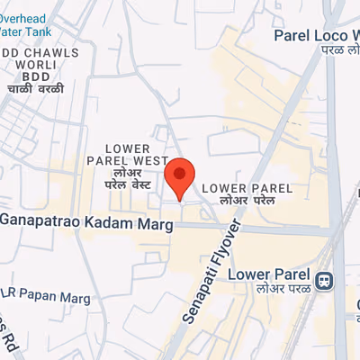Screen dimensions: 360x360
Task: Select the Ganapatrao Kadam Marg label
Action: pos(85,220)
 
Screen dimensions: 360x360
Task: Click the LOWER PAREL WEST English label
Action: pos(138,154)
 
